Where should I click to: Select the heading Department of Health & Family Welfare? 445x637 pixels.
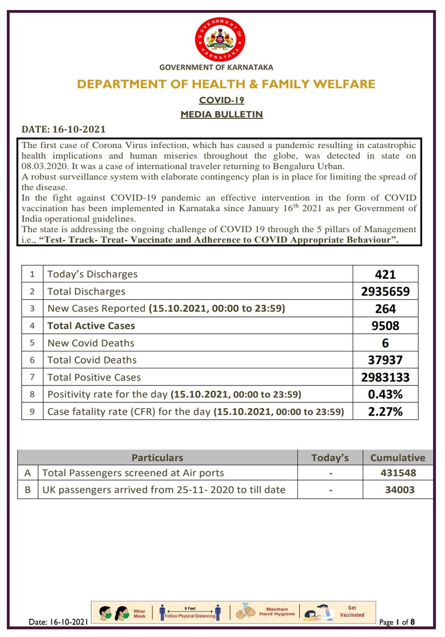point(226,84)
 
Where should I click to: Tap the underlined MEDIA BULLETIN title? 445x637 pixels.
point(221,114)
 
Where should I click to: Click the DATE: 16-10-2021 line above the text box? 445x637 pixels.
point(63,130)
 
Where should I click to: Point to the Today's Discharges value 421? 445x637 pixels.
point(385,274)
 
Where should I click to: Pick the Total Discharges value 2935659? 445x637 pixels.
point(385,291)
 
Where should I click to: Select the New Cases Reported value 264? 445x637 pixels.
point(385,309)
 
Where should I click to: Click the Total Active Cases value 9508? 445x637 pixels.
point(385,326)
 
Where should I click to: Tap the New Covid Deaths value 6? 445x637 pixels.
point(385,343)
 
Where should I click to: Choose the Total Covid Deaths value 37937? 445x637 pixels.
point(385,360)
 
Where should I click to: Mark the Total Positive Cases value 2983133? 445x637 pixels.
point(385,377)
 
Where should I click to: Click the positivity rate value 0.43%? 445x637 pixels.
point(385,394)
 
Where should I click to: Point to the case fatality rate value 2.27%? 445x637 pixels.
point(385,411)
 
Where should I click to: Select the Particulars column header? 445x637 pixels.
point(157,458)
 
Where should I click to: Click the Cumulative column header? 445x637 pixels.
point(398,458)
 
